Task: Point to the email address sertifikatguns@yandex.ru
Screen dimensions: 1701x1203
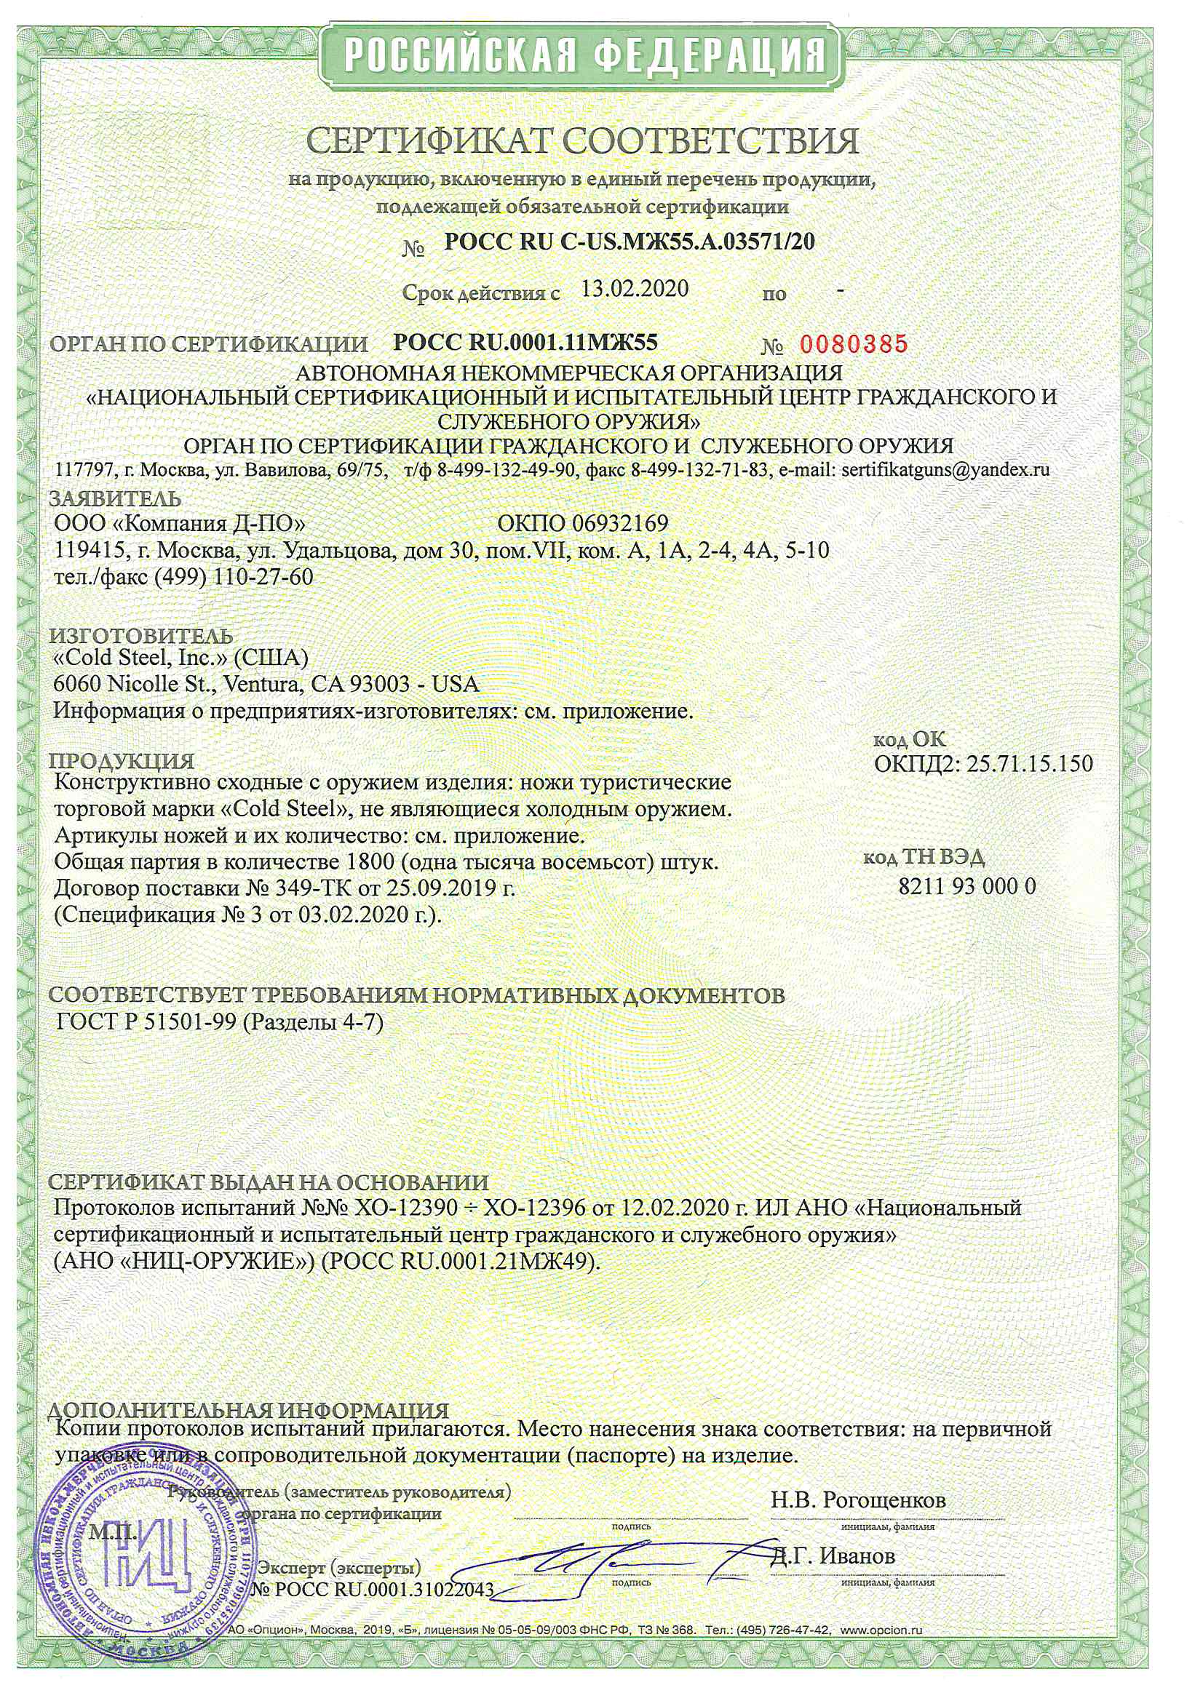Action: [x=946, y=469]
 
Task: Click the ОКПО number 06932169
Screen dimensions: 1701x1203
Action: [x=619, y=523]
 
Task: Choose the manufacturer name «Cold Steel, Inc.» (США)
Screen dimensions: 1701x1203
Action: [x=182, y=657]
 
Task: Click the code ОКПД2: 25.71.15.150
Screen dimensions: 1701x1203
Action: [x=984, y=764]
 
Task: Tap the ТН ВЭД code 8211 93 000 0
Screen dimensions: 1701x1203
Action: [x=967, y=886]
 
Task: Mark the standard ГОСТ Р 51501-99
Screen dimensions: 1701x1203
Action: [x=147, y=1023]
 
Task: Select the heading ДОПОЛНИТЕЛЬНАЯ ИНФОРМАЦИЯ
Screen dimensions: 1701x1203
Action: [x=249, y=1411]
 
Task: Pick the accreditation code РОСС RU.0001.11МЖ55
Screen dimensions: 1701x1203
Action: [x=525, y=342]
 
